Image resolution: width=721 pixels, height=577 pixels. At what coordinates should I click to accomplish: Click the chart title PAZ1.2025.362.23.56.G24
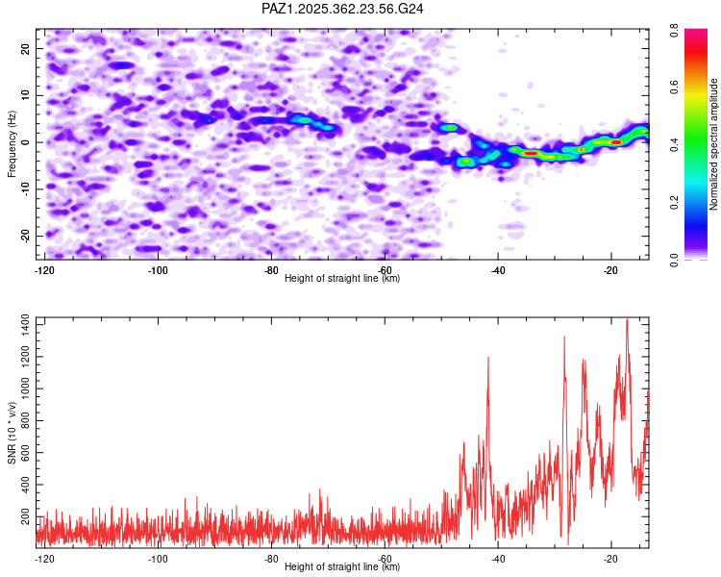coord(343,9)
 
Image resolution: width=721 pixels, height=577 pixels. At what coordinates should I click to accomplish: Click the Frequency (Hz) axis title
coord(12,143)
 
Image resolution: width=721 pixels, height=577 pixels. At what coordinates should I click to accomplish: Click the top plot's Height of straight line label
coord(343,278)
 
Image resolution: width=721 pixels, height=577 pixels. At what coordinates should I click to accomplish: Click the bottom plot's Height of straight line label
coord(343,566)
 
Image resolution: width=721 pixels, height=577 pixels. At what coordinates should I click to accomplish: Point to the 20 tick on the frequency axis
coord(26,48)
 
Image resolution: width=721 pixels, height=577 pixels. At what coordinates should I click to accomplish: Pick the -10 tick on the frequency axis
coord(24,188)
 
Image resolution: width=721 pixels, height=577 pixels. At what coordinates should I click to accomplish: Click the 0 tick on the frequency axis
coord(29,142)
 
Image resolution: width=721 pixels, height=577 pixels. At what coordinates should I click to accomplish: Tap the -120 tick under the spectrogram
coord(44,270)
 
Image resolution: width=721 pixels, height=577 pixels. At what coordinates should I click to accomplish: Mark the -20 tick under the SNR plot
coord(609,558)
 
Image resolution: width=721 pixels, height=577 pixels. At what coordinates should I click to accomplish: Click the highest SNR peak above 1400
coord(627,320)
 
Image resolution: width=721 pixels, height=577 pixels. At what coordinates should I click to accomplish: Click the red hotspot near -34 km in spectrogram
coord(530,153)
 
